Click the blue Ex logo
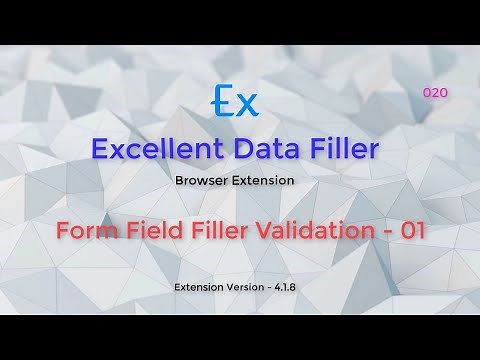tap(236, 102)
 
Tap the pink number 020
tap(435, 92)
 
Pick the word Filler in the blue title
tap(343, 150)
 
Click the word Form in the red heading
tap(81, 230)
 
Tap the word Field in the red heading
tap(146, 230)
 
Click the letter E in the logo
tap(224, 102)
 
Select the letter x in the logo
tap(247, 104)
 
